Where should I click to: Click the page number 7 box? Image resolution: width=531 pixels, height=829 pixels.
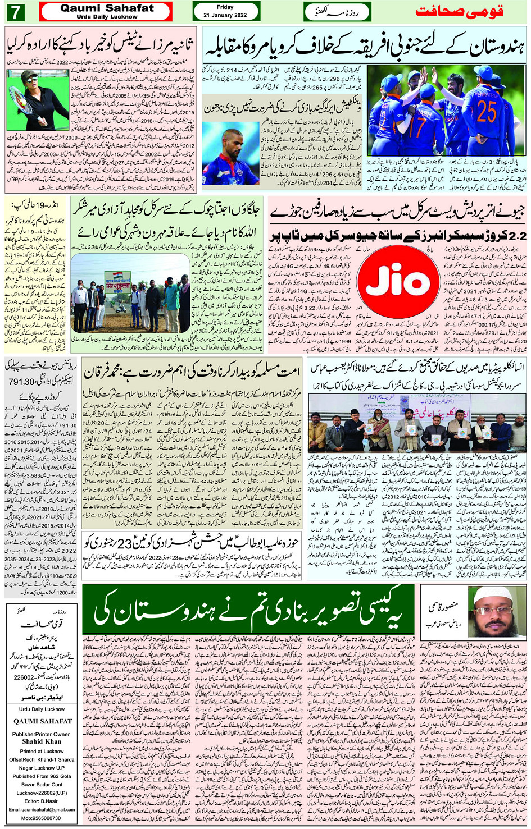pos(16,12)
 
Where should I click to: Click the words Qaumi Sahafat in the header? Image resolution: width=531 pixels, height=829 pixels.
pos(107,8)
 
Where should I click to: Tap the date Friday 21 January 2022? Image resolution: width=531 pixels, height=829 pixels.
pos(225,11)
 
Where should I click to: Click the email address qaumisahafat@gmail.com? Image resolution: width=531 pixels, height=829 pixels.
pos(42,809)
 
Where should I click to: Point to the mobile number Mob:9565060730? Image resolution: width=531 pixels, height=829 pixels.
pos(41,818)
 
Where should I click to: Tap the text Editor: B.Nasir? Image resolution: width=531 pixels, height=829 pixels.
pos(41,801)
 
